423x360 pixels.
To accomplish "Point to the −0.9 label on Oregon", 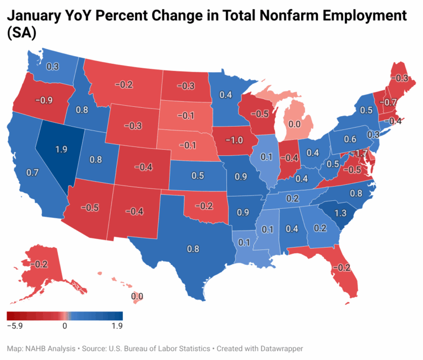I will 43,101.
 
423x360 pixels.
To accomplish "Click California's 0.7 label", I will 32,172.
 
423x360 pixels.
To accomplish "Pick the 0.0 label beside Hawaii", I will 137,296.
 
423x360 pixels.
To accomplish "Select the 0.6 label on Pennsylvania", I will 351,139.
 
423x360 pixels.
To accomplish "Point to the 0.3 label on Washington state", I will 53,67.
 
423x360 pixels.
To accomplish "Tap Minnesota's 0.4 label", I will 225,95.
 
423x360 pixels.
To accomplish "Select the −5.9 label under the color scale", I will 15,326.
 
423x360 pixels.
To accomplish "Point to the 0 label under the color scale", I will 65,326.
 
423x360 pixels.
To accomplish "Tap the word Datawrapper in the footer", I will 281,348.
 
